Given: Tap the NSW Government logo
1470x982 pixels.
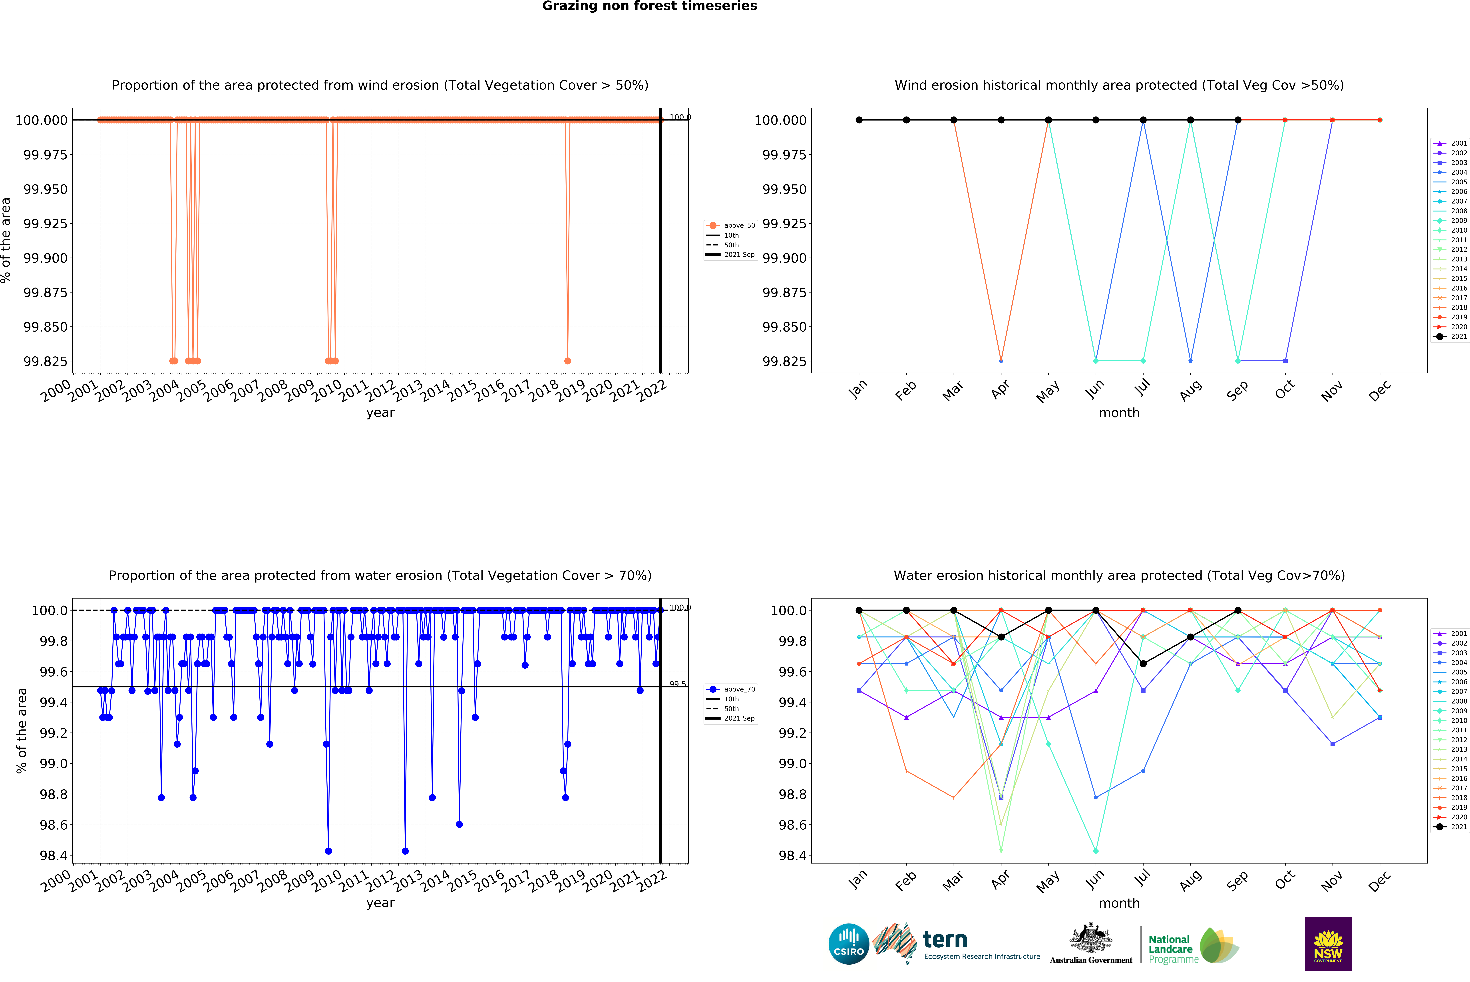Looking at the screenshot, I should pos(1328,944).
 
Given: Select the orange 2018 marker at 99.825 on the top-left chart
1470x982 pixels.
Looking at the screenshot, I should pos(568,361).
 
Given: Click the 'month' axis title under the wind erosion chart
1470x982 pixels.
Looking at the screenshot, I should pos(1119,413).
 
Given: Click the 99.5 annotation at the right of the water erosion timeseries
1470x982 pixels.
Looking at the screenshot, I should pos(677,684).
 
